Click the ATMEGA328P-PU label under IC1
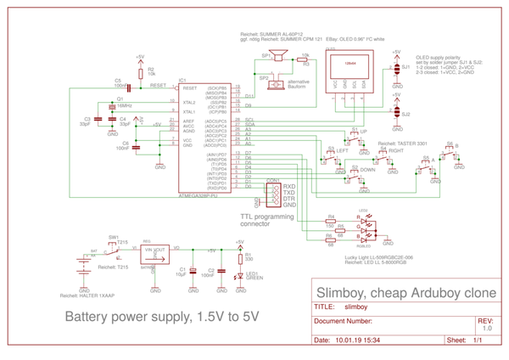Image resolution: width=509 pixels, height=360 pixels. click(x=199, y=194)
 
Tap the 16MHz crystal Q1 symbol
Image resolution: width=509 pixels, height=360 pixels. click(x=111, y=106)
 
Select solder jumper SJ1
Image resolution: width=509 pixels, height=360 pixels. click(x=395, y=65)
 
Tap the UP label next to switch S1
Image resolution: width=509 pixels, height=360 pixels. click(x=364, y=132)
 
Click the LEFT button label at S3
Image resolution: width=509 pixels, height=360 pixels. click(x=343, y=150)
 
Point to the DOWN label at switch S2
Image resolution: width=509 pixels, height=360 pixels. click(x=367, y=170)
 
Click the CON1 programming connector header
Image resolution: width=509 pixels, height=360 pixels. click(x=273, y=195)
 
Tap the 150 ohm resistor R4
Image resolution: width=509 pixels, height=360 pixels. click(x=330, y=222)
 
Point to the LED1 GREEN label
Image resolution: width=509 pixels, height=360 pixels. click(x=253, y=277)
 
